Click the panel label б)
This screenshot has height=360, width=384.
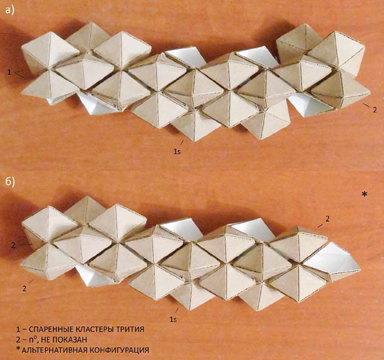tap(10, 182)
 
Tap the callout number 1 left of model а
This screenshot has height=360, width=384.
tap(9, 72)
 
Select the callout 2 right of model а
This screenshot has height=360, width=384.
tap(374, 110)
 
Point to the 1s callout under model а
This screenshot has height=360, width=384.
tap(177, 152)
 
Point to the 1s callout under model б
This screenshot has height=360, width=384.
tap(173, 319)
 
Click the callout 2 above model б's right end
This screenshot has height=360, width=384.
tap(327, 219)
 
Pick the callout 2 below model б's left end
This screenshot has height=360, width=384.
tap(24, 289)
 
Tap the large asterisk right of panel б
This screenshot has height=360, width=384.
tap(365, 194)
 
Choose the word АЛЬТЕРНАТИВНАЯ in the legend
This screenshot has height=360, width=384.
tap(53, 350)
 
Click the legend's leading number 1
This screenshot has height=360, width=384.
tap(18, 329)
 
